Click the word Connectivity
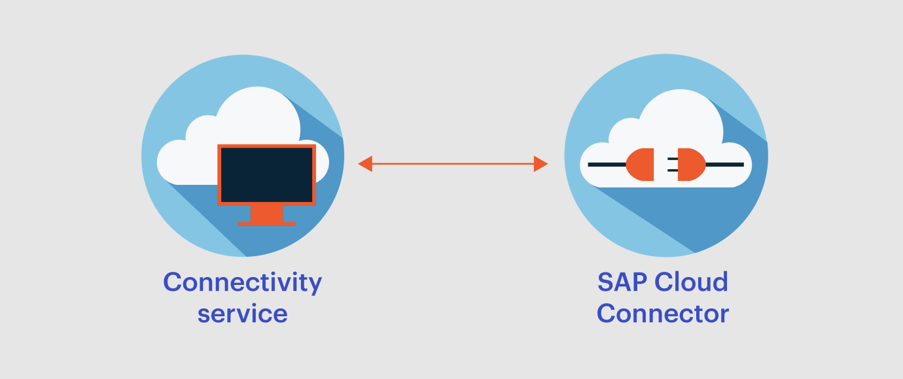tap(242, 283)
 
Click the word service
tap(242, 314)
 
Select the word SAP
tap(622, 282)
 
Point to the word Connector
tap(663, 314)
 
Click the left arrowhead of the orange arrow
tap(365, 164)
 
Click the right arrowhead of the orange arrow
tap(541, 164)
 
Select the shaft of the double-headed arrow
tap(453, 164)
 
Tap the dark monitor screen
tap(266, 175)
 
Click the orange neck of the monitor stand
tap(266, 214)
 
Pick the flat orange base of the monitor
tap(266, 224)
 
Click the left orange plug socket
tap(640, 164)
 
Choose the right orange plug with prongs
tap(692, 164)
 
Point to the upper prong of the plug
tap(673, 159)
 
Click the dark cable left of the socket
tap(607, 164)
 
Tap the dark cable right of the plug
tap(725, 164)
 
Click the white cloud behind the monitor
tap(242, 129)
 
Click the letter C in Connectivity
tap(173, 282)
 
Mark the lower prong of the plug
tap(673, 171)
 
